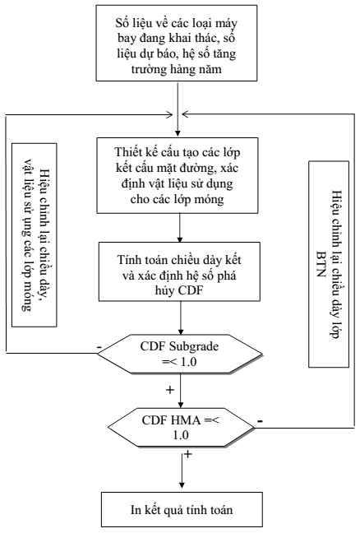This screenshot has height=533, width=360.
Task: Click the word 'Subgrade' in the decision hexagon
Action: click(194, 347)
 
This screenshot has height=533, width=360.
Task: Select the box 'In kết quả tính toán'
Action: click(182, 509)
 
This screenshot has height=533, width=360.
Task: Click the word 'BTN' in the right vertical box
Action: click(321, 264)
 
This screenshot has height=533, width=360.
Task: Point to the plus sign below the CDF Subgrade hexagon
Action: click(169, 390)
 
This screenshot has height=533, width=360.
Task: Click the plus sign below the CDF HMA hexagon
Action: click(187, 454)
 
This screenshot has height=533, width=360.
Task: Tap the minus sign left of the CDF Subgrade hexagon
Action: click(99, 347)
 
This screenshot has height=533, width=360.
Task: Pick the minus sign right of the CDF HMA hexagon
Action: click(260, 421)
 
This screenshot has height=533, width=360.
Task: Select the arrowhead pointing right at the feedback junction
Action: click(169, 115)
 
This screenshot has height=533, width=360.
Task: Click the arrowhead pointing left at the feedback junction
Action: click(186, 114)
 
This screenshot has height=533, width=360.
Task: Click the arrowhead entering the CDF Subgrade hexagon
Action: click(181, 330)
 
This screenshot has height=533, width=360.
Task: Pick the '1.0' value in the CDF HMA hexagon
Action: click(181, 435)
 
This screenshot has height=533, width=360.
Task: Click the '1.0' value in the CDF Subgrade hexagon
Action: click(189, 362)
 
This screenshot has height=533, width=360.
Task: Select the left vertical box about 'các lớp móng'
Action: click(35, 235)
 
